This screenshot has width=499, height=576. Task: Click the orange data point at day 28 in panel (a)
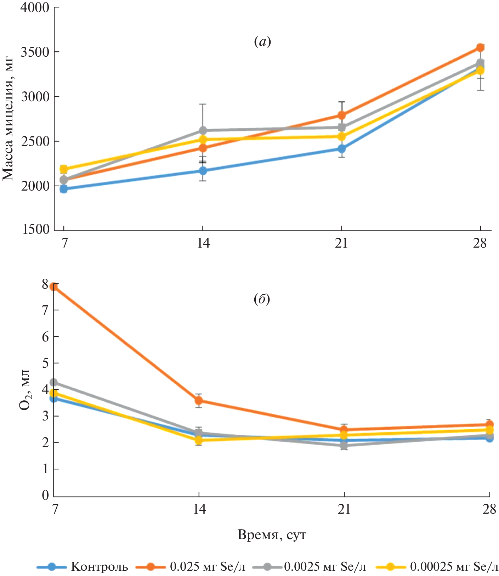point(480,47)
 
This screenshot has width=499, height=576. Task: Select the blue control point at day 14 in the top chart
point(203,171)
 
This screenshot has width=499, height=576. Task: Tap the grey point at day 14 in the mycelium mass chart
point(203,130)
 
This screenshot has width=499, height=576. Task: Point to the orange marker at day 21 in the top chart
point(341,115)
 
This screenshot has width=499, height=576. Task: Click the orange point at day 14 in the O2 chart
point(199,401)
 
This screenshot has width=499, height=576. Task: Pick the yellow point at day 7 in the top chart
point(64,169)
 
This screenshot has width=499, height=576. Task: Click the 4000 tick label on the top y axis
point(35,7)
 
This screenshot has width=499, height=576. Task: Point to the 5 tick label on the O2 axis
point(45,363)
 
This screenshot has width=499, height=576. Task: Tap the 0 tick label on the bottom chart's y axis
point(45,495)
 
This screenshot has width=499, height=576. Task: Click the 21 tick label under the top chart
point(341,243)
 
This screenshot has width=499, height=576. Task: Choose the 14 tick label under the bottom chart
point(199,509)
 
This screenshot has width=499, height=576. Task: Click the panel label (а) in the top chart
point(262,42)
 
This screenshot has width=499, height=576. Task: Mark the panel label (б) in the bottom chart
point(262,299)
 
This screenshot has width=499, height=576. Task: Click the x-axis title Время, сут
point(272,535)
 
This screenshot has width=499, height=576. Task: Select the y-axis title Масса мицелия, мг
point(8,118)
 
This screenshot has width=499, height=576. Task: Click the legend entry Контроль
point(100,567)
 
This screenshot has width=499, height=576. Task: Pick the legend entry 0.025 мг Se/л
point(207,567)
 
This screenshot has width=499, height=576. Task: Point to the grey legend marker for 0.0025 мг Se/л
point(267,567)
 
